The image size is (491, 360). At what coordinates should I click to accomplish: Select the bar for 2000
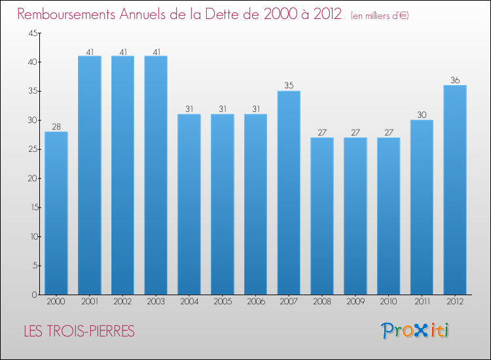point(56,213)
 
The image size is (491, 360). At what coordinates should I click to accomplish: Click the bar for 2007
point(289,192)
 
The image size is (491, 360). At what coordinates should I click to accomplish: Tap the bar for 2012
point(455,190)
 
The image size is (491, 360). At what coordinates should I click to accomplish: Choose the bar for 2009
point(355,216)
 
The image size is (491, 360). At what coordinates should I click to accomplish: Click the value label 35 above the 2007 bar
point(289,85)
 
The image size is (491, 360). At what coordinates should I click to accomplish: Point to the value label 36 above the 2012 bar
point(455,80)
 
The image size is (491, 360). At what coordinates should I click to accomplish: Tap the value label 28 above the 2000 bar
point(56,126)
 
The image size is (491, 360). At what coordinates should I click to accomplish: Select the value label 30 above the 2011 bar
point(422,115)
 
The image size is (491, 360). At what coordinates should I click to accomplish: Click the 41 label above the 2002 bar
point(122,50)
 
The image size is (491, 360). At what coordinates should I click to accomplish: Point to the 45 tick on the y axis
point(32,33)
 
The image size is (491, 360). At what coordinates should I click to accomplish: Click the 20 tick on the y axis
point(32,178)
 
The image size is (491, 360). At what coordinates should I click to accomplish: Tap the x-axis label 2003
point(156,302)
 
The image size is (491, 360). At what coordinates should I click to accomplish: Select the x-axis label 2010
point(388,302)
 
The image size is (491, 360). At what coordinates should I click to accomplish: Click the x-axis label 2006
point(255,302)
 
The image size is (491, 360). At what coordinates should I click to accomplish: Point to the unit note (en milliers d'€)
point(380,16)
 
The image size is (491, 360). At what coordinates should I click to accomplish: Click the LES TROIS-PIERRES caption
point(79,331)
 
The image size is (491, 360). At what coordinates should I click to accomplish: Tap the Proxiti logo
point(415,331)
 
